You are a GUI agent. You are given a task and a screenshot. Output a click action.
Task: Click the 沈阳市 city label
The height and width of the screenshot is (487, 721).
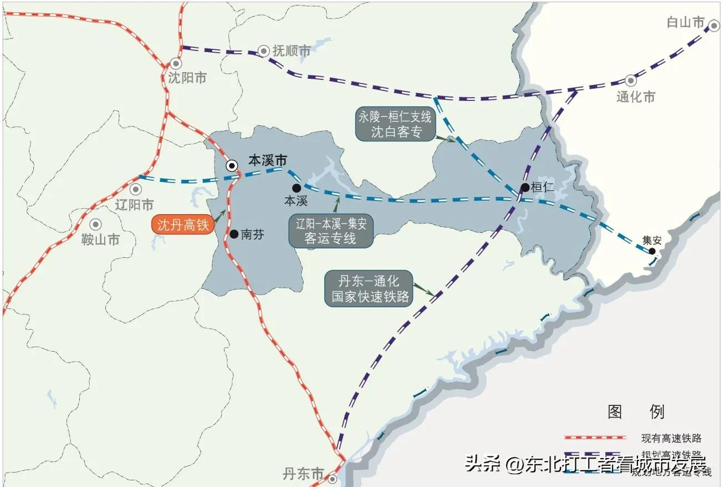click(187, 78)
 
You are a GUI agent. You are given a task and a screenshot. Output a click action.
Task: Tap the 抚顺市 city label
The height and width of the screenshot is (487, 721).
click(292, 51)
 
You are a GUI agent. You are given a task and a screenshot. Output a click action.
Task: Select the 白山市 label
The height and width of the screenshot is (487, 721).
click(686, 22)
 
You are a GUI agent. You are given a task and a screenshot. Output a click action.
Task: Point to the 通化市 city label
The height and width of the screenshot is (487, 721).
click(636, 97)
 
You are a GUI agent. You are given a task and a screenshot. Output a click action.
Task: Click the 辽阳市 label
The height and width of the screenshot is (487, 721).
click(134, 204)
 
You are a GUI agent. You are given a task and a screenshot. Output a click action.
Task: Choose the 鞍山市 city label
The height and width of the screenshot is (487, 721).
click(100, 240)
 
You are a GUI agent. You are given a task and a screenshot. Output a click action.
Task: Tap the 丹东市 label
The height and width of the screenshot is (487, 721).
click(303, 474)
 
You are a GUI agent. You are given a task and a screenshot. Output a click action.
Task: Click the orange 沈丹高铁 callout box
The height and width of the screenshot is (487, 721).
click(182, 225)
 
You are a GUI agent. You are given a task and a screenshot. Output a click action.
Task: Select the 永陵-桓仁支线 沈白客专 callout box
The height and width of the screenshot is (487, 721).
click(394, 125)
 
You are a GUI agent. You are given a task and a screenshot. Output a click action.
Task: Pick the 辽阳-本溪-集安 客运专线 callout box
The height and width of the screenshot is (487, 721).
click(330, 232)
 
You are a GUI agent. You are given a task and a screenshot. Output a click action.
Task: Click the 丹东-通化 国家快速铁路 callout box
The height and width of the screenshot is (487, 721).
click(369, 288)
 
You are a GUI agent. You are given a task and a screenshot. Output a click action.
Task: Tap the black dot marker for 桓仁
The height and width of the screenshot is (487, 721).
click(525, 187)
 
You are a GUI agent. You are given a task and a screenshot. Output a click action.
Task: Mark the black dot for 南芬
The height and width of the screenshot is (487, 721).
click(233, 234)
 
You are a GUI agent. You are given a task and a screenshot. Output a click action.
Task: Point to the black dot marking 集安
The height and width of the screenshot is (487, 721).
click(652, 251)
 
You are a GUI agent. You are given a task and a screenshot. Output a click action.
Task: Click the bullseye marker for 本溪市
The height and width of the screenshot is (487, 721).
click(232, 165)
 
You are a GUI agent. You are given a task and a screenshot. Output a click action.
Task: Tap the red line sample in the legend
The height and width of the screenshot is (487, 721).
click(595, 438)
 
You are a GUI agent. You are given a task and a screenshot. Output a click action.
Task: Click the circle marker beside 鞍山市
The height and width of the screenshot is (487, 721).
click(96, 224)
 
